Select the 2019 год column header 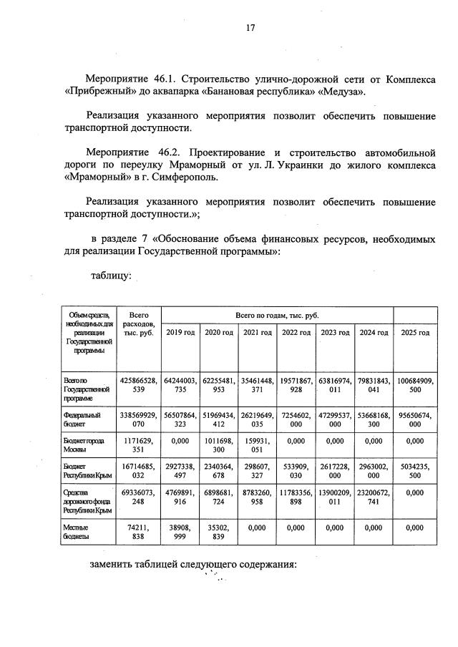coord(180,333)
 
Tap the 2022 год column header coord(296,333)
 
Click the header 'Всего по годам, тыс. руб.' coord(277,315)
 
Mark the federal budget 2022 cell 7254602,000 coord(296,419)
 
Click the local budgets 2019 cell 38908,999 coord(180,530)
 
